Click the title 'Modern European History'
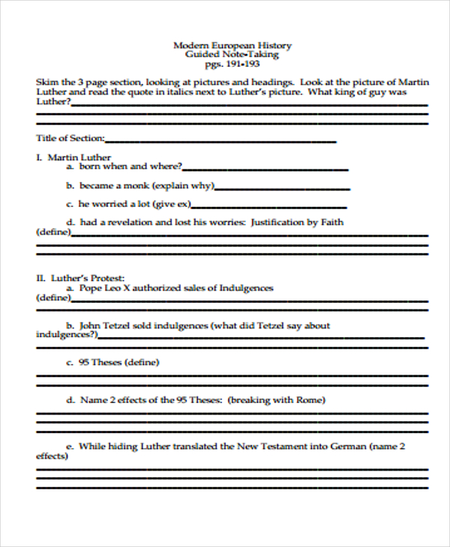tap(232, 45)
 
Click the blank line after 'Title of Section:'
tap(221, 140)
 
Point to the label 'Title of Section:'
tap(70, 139)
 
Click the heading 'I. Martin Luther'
tap(73, 157)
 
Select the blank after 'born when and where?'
tap(265, 168)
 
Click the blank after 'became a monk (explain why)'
tap(282, 187)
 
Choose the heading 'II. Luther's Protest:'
tap(80, 278)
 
